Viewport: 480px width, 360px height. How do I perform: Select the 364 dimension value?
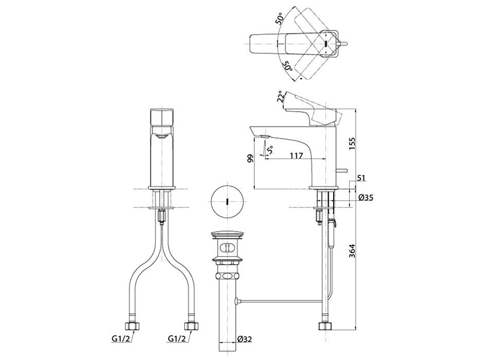pos(352,251)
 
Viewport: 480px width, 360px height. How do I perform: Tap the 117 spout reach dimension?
pos(296,155)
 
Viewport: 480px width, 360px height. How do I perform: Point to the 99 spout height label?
pos(250,158)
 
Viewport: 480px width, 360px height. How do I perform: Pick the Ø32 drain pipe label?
pos(245,339)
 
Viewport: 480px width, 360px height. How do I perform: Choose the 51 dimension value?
pos(361,178)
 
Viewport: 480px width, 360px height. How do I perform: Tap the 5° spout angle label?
pos(269,151)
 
